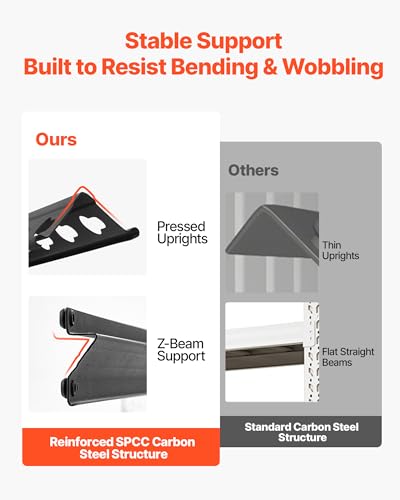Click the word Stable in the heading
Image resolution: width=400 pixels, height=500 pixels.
158,41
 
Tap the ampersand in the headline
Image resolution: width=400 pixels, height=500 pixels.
270,67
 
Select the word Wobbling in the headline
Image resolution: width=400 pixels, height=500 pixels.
333,67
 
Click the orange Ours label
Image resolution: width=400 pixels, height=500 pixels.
56,139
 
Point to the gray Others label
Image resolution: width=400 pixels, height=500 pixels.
253,170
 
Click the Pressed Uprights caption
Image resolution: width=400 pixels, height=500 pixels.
182,233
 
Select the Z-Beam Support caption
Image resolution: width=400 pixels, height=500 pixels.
181,350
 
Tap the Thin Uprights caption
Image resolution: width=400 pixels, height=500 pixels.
340,250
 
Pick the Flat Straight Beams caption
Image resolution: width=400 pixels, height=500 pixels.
348,357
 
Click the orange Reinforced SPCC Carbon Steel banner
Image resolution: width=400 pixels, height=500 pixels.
121,447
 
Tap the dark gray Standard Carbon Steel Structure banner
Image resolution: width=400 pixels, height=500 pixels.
301,431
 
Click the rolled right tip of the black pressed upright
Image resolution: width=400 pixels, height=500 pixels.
133,232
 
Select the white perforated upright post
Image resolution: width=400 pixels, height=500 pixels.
313,352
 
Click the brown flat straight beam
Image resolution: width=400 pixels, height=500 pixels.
266,358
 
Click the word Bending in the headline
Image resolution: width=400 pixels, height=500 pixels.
215,67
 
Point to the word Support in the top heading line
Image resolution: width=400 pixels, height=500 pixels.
239,41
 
